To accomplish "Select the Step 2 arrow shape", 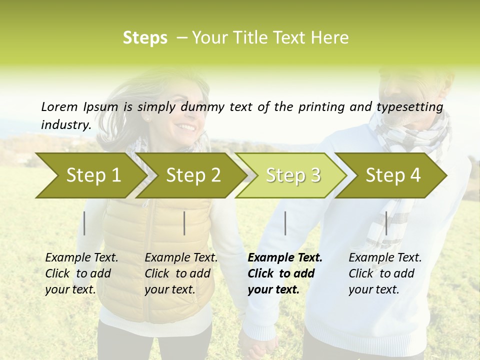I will tap(192, 175).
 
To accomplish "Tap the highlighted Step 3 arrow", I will tap(292, 175).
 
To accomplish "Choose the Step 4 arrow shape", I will tap(392, 175).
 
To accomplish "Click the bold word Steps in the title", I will tap(145, 38).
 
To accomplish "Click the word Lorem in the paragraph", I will tap(58, 106).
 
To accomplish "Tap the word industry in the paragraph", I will tap(65, 124).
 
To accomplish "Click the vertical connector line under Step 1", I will tap(84, 223).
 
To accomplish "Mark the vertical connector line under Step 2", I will tap(184, 223).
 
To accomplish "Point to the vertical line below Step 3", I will tap(285, 223).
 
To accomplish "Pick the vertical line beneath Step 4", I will tap(386, 223).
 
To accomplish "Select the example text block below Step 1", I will tap(81, 273).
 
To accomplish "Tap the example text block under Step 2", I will tap(181, 273).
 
